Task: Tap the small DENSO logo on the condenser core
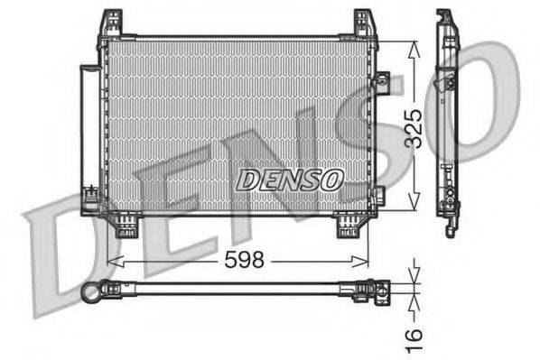289,180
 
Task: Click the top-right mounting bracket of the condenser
364,24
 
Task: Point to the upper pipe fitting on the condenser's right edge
380,82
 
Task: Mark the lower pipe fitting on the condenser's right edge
378,194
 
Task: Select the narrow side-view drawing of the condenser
448,122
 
